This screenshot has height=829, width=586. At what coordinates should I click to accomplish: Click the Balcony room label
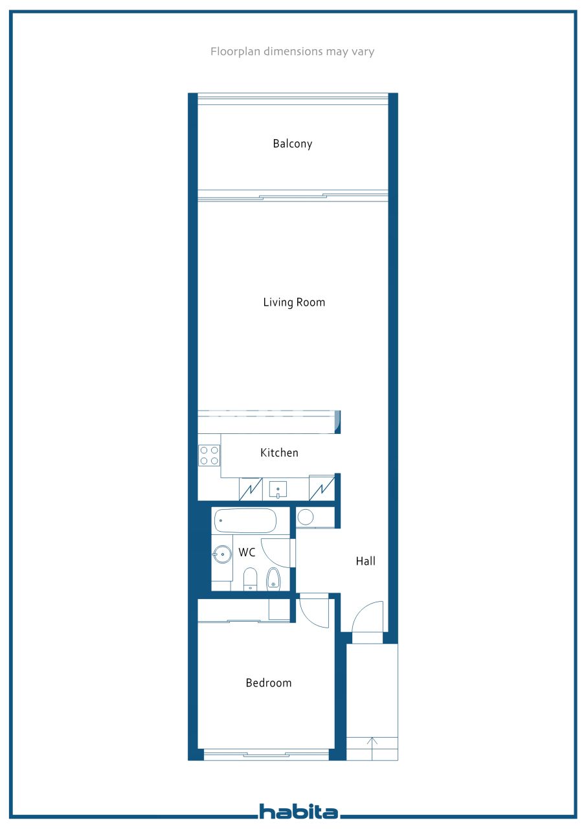click(292, 144)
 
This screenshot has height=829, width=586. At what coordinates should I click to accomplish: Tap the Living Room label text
click(294, 302)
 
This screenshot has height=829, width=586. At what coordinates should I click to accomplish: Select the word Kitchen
click(279, 453)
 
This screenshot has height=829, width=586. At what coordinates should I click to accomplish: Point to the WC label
click(247, 552)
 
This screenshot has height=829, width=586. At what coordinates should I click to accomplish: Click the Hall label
click(365, 561)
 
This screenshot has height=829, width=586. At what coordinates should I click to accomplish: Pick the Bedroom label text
click(269, 683)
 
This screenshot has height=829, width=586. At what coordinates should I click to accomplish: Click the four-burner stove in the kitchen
click(209, 455)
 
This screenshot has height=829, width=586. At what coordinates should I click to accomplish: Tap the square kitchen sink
click(278, 489)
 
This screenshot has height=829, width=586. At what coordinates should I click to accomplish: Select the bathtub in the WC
click(245, 521)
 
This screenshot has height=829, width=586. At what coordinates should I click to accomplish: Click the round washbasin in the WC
click(222, 554)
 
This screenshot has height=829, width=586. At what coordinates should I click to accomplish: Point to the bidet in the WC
click(273, 579)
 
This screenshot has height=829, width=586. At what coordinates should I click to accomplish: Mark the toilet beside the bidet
click(250, 579)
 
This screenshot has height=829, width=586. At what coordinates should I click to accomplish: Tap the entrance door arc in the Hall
click(359, 611)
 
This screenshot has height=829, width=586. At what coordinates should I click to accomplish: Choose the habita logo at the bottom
click(299, 812)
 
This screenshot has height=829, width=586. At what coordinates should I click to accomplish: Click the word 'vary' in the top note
click(363, 51)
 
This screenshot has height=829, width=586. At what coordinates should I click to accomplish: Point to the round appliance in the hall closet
click(306, 517)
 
